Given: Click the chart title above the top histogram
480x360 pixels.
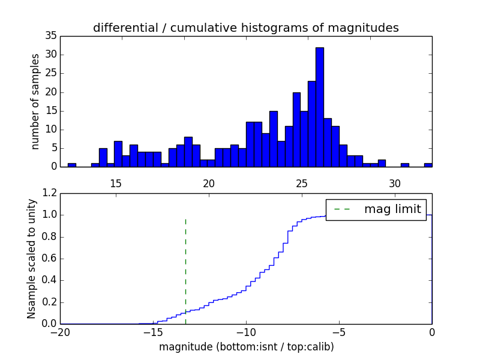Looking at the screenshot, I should click(245, 28).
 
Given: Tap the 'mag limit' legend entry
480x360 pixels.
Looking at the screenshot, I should click(376, 209).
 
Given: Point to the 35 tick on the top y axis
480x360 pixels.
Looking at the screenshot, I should click(50, 36).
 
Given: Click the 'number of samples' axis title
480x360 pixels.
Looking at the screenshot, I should click(35, 101).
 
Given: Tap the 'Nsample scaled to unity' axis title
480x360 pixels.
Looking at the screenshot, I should click(31, 258).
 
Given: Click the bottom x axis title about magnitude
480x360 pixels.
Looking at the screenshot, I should click(246, 347).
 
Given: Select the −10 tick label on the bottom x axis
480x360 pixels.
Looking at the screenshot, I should click(246, 332).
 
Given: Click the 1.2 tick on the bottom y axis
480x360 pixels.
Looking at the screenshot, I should click(50, 193).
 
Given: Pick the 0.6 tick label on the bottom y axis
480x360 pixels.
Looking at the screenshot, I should click(50, 259).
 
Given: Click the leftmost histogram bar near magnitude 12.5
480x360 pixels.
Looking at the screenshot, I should click(72, 164).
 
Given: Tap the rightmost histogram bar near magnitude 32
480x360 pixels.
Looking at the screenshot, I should click(428, 164).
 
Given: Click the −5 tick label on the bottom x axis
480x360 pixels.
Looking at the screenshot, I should click(339, 332).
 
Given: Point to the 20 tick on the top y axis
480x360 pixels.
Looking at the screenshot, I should click(50, 92).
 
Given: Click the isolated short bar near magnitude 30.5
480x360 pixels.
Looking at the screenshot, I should click(405, 164).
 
